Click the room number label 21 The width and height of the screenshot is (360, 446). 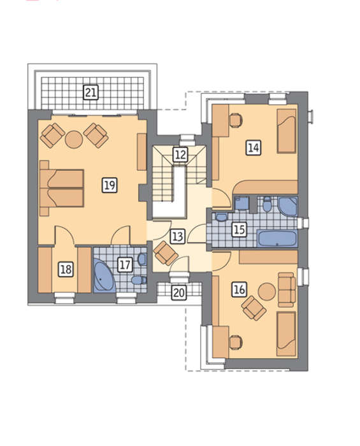point(91,92)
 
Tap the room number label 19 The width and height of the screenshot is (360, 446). point(110,185)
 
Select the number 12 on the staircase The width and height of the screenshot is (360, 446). point(180,155)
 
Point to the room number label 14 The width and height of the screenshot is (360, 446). point(254,148)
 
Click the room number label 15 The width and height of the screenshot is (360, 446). point(239,229)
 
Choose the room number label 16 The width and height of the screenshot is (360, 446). point(239,289)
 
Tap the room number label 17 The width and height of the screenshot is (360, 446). point(125,264)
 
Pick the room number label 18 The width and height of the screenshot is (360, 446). point(66,269)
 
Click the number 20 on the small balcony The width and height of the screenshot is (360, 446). point(179,292)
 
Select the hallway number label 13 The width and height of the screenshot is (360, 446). point(177,236)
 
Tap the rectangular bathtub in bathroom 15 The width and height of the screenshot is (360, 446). point(277,238)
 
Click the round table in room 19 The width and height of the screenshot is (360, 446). point(74,139)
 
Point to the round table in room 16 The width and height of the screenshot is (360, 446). point(267,292)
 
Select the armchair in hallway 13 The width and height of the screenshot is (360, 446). point(166,252)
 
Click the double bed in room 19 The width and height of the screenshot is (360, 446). point(62,188)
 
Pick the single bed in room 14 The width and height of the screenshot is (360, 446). point(287,131)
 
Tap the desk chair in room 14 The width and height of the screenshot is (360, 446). point(236,120)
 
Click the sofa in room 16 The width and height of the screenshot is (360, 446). point(287,289)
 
